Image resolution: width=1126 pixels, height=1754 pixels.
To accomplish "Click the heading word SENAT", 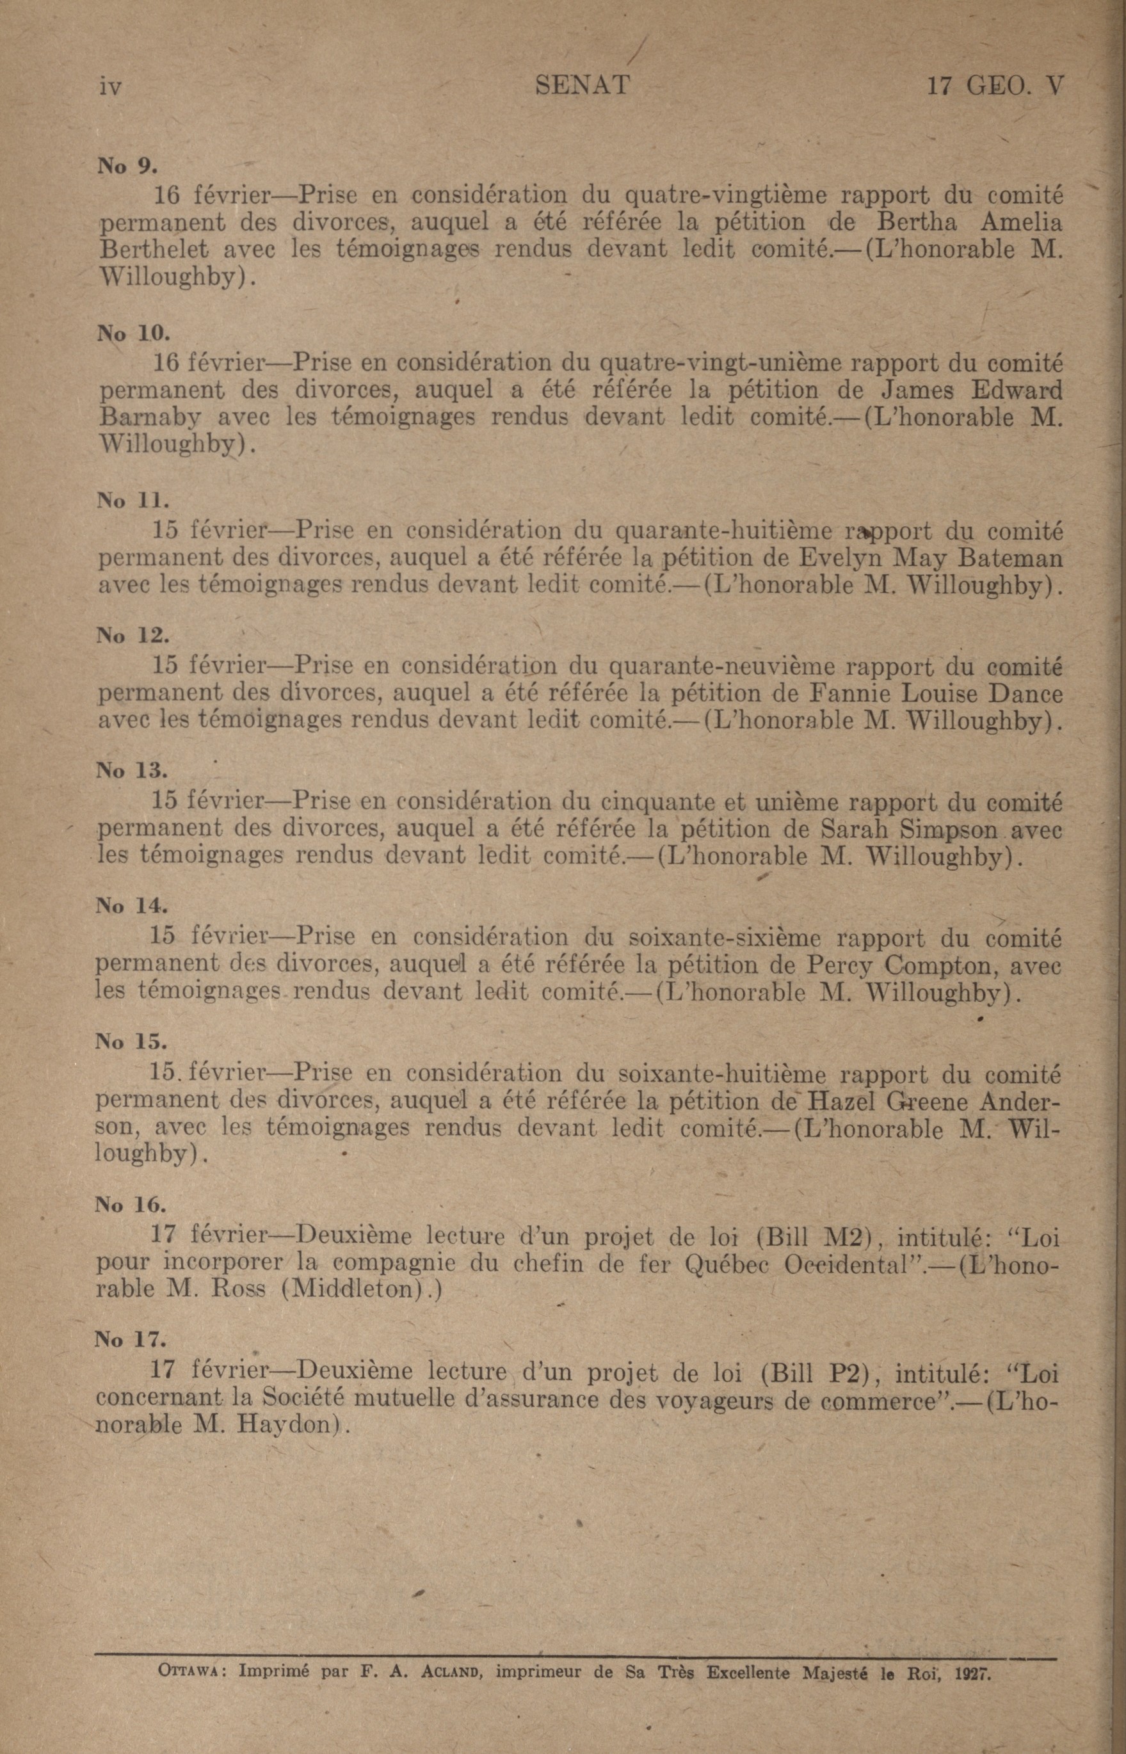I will pyautogui.click(x=582, y=86).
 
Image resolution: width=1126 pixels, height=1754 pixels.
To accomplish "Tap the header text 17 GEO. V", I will pyautogui.click(x=994, y=86).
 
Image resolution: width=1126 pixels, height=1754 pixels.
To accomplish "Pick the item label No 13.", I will pyautogui.click(x=132, y=770).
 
